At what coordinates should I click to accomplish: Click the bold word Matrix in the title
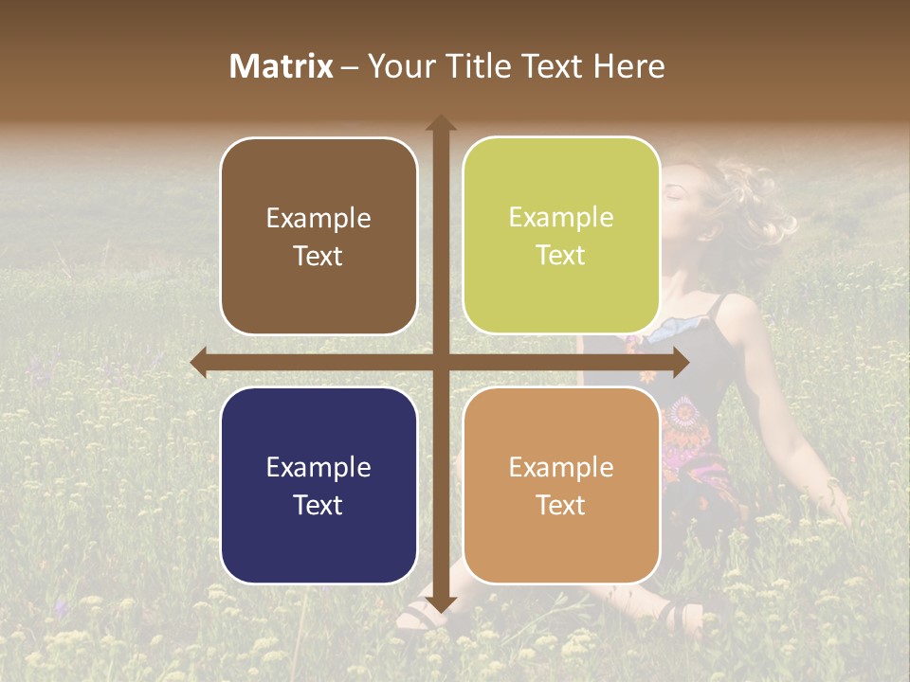[x=282, y=66]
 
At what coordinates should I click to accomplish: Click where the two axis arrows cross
[x=440, y=362]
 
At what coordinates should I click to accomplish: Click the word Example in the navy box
[x=318, y=467]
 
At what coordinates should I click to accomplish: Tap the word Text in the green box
[x=561, y=256]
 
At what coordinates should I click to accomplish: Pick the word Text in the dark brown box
[x=318, y=256]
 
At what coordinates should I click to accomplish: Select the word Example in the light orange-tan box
[x=561, y=467]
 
